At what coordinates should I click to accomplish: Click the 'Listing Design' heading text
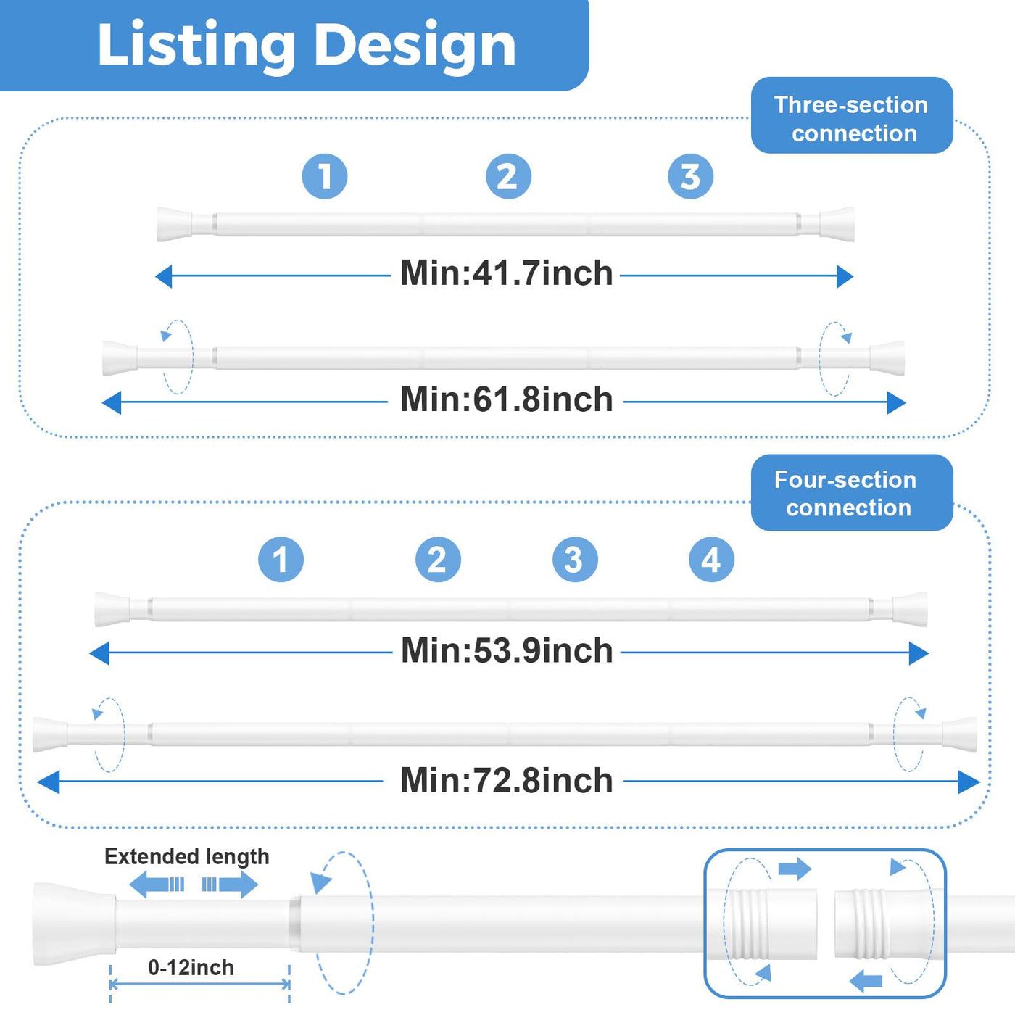[x=307, y=45]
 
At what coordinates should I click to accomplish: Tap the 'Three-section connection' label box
[x=851, y=115]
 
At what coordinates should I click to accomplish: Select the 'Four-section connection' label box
[x=851, y=492]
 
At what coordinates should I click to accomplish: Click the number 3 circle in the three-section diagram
[x=690, y=176]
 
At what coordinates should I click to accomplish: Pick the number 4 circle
[x=711, y=560]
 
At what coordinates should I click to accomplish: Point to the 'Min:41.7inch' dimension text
[x=507, y=273]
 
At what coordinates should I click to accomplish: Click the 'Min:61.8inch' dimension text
[x=507, y=399]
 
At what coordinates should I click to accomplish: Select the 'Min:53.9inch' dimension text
[x=507, y=650]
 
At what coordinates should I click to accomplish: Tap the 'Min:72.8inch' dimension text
[x=507, y=780]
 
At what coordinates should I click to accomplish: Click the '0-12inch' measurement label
[x=191, y=968]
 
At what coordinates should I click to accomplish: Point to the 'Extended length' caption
[x=187, y=857]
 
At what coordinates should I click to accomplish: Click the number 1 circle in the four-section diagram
[x=281, y=560]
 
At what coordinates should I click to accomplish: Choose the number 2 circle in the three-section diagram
[x=508, y=176]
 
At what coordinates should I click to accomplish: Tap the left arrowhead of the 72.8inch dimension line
[x=47, y=782]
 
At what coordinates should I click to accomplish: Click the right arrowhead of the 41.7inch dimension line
[x=845, y=276]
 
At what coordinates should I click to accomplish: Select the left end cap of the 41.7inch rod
[x=174, y=224]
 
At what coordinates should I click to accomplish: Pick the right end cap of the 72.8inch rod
[x=960, y=734]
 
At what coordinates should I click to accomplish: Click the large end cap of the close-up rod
[x=74, y=925]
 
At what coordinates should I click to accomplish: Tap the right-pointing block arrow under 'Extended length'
[x=230, y=884]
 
